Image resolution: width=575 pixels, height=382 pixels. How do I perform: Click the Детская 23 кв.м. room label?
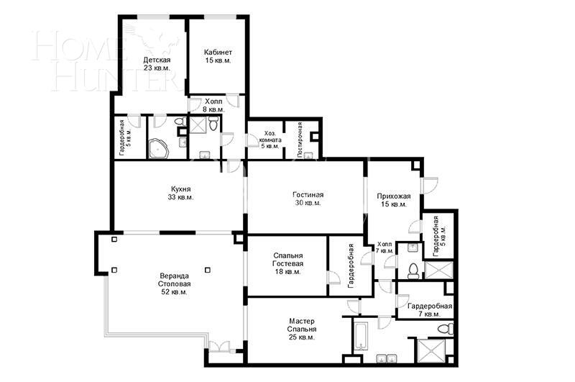point(157,63)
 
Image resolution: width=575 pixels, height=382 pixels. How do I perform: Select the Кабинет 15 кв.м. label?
point(217,57)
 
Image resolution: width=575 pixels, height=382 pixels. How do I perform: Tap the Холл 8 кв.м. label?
point(214,105)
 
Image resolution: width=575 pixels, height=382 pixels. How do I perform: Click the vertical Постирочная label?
point(300,139)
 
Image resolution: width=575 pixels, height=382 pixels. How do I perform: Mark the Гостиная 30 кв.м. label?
point(308,199)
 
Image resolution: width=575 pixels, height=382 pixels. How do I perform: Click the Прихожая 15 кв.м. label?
point(393,199)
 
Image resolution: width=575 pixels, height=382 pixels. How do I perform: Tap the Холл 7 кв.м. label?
point(384,247)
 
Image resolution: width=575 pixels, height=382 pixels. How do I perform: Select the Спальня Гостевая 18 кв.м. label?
point(288,263)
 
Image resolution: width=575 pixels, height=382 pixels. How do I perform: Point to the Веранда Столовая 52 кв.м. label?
point(174,283)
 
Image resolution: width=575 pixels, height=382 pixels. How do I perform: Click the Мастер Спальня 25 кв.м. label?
point(302,329)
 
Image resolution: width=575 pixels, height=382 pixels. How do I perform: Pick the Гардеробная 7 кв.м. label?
point(429,310)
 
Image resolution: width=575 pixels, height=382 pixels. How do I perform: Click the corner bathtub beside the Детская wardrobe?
point(158,149)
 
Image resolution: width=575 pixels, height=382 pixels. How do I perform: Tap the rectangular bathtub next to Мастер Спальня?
point(360,337)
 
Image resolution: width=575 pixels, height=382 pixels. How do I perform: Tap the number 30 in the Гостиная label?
point(298,203)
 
